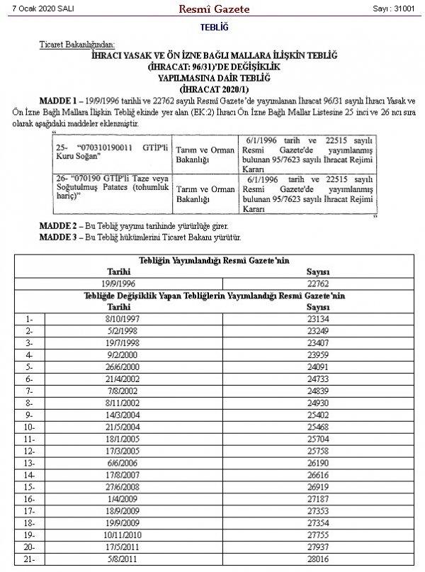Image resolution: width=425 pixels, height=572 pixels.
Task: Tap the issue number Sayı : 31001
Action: coord(393,8)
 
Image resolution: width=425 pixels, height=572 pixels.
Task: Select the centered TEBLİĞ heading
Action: coord(212,27)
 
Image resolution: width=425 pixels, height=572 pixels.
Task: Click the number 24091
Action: coord(318,366)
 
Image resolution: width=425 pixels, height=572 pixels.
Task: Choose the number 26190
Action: coord(318,461)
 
